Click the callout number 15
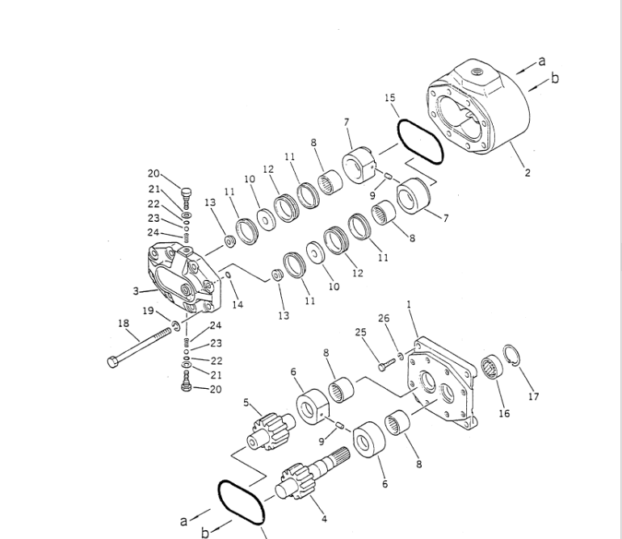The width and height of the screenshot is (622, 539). point(390,98)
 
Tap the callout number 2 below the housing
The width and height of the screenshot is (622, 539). point(527,173)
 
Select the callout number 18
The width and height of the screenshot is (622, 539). point(124,324)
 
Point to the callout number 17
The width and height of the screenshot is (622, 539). point(533,396)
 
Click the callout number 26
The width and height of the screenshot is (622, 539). point(384,318)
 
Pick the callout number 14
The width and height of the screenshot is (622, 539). point(237,304)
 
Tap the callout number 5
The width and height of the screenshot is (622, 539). point(246,403)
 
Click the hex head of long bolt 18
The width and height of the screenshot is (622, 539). point(112,361)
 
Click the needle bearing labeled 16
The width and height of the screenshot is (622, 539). point(492,367)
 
